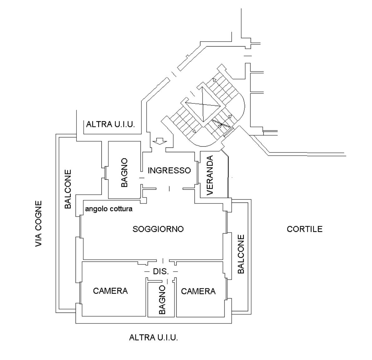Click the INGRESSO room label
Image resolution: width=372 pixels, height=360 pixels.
tap(169, 170)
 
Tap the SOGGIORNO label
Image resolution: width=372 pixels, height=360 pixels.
tap(158, 229)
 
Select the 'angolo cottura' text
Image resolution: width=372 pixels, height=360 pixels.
tap(109, 209)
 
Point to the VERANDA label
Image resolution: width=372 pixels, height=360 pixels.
tap(210, 175)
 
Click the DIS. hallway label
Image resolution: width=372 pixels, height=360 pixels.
tap(161, 271)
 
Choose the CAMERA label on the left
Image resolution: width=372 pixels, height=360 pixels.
tap(110, 291)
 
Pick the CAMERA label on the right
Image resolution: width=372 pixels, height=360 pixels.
tap(198, 291)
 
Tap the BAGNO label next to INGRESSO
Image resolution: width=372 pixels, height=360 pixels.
tap(124, 172)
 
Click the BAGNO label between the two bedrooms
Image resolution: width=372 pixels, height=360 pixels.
tap(162, 299)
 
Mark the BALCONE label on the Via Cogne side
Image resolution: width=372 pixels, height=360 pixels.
tap(68, 189)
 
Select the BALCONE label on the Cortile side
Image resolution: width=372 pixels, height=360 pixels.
tap(241, 254)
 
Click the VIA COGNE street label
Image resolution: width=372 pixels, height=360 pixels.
tap(38, 224)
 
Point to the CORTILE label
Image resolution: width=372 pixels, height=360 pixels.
tap(304, 229)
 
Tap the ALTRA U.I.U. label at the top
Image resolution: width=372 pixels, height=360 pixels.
tap(110, 124)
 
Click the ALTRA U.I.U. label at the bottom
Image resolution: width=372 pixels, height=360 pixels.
tap(154, 337)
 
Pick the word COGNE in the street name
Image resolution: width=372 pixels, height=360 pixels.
tap(38, 215)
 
